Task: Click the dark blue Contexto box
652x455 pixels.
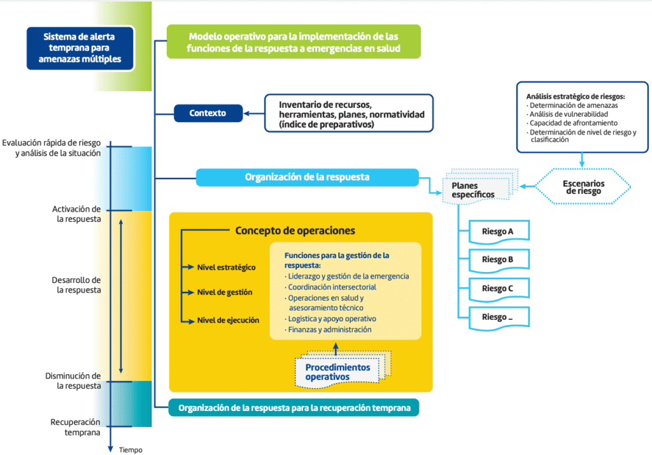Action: (208, 114)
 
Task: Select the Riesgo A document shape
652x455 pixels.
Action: (499, 231)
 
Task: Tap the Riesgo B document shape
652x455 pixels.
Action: (499, 260)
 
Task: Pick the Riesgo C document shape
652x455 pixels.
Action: (499, 288)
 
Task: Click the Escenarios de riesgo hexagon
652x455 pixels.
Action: (583, 187)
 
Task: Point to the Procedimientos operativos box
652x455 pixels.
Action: (337, 372)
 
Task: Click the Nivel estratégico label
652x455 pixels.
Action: (226, 267)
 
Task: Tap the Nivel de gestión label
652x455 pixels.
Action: (225, 292)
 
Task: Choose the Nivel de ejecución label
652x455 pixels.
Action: (228, 320)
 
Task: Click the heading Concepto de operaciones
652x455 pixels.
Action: (295, 230)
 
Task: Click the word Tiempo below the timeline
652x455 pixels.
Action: (131, 449)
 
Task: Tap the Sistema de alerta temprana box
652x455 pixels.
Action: (80, 48)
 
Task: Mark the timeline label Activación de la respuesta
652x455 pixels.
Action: (76, 213)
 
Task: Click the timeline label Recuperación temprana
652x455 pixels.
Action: (75, 427)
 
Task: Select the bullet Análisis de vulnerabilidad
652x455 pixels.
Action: (572, 114)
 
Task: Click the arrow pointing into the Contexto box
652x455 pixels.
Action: (255, 114)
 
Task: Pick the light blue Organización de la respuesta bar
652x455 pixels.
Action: (307, 177)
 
